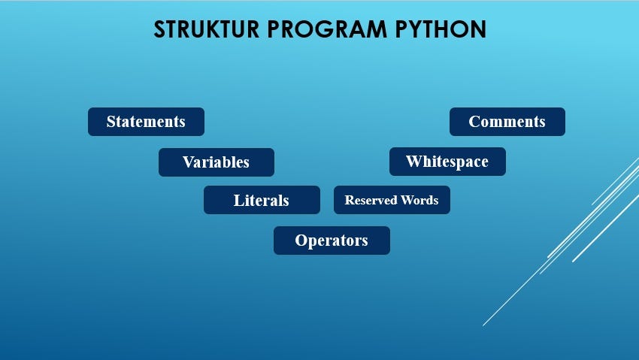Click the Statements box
tap(146, 122)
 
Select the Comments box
tap(507, 122)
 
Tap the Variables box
tap(216, 162)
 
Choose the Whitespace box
tap(447, 162)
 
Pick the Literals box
tap(261, 201)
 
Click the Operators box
tap(332, 241)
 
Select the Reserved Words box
tap(392, 201)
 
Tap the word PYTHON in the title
tap(441, 29)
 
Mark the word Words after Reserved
tap(420, 201)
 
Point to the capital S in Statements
tap(111, 122)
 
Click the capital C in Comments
tap(474, 122)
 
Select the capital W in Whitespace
tap(413, 162)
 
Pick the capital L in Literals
tap(238, 201)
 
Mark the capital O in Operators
tap(301, 241)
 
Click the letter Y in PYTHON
tap(417, 29)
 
